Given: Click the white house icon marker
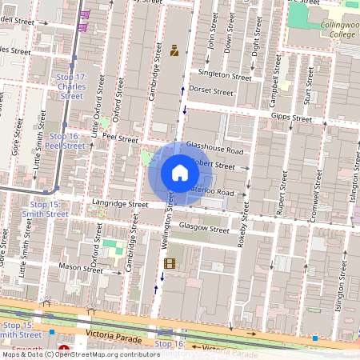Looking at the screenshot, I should coord(179,172).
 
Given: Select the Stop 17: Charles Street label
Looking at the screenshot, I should coord(70,86).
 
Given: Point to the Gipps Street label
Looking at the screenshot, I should coord(291,118).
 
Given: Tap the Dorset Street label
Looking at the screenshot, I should coord(212,92).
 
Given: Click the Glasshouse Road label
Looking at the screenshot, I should coord(214,150).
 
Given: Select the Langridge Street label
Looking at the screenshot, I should coord(120,205).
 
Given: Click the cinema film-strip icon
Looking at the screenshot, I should coord(168,263).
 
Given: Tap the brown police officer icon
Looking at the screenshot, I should coord(174,51).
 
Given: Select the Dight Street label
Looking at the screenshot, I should coord(257,36).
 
